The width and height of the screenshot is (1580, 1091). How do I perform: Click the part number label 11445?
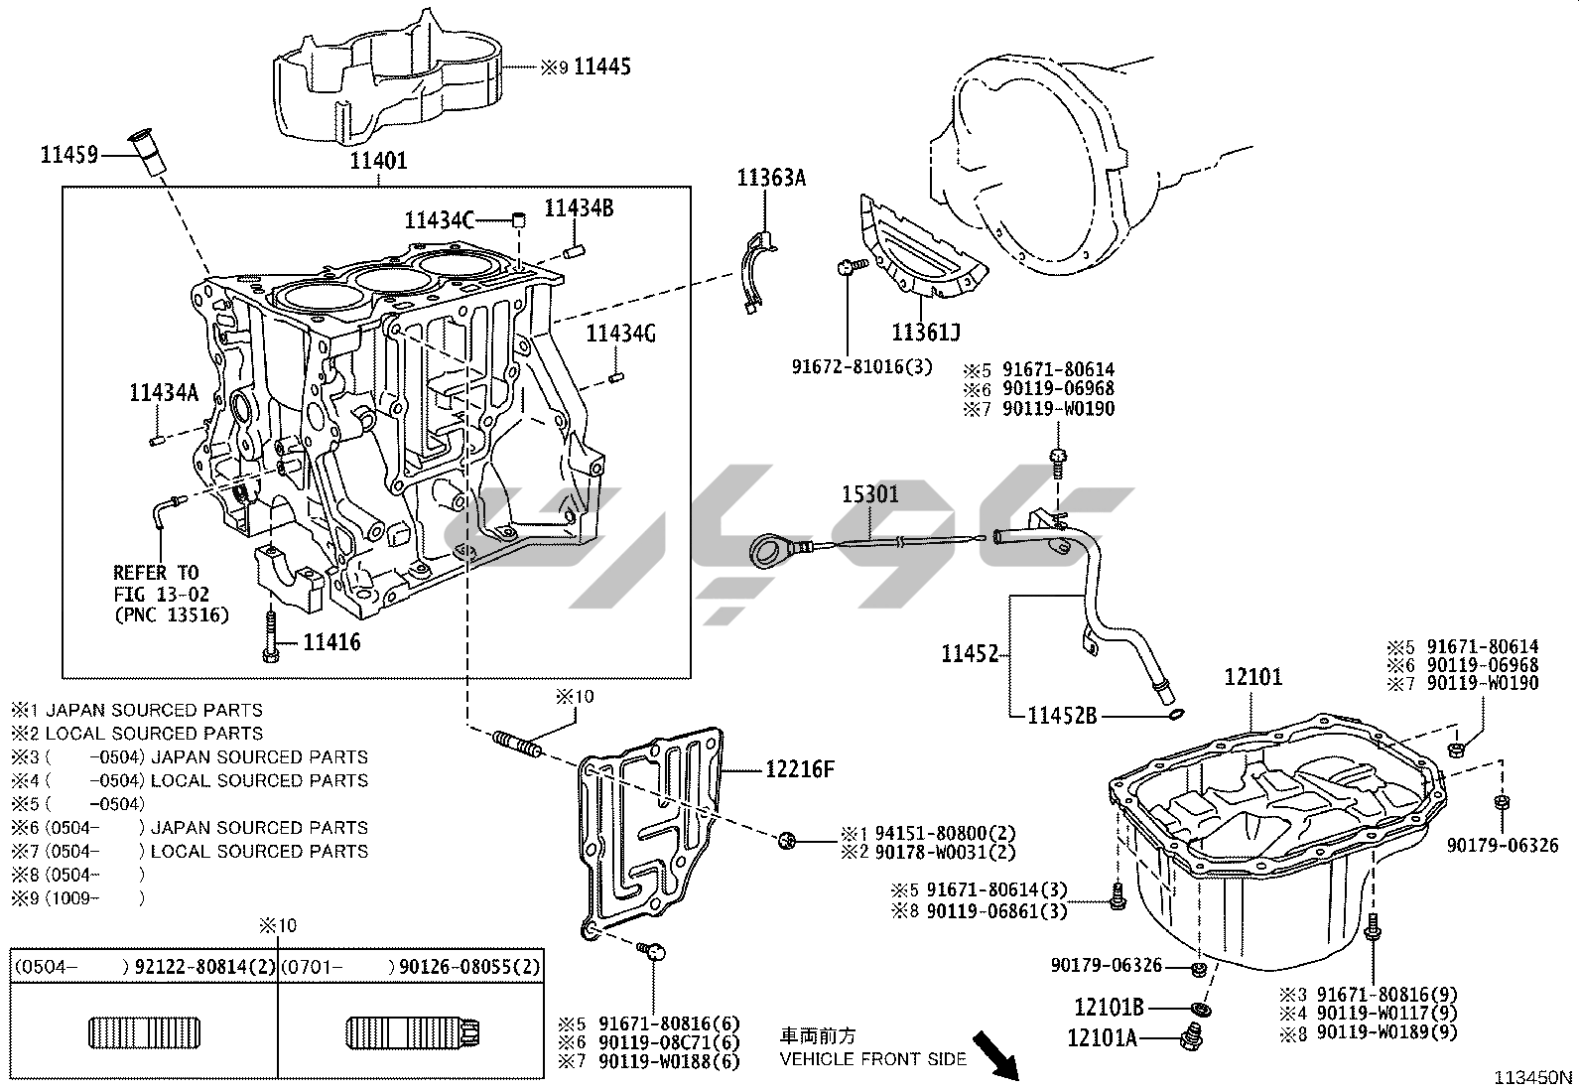point(602,68)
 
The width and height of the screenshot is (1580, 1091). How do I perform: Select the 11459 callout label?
point(68,154)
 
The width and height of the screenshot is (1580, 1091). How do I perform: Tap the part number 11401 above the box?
point(378,160)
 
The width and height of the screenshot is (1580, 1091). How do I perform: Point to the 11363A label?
point(771,179)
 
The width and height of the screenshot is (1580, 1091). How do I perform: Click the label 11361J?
point(925,332)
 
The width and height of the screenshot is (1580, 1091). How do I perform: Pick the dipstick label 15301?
point(870,493)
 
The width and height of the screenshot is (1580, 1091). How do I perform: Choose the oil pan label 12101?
point(1252,677)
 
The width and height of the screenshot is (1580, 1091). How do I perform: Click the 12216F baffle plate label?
point(800,768)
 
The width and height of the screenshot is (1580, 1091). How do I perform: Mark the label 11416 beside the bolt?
point(331,642)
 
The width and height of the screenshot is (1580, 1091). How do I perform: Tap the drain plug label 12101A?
point(1102,1038)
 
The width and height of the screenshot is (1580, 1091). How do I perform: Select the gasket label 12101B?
point(1109,1008)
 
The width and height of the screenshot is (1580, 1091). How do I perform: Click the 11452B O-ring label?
point(1062,715)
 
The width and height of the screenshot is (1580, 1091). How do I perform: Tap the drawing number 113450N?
point(1535,1076)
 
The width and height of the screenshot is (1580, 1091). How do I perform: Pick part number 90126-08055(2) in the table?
point(469,967)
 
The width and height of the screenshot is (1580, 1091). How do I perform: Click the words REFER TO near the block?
point(156,573)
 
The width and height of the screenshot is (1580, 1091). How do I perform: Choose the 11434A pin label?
point(164,393)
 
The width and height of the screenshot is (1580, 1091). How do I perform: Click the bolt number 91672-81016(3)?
point(862,366)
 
